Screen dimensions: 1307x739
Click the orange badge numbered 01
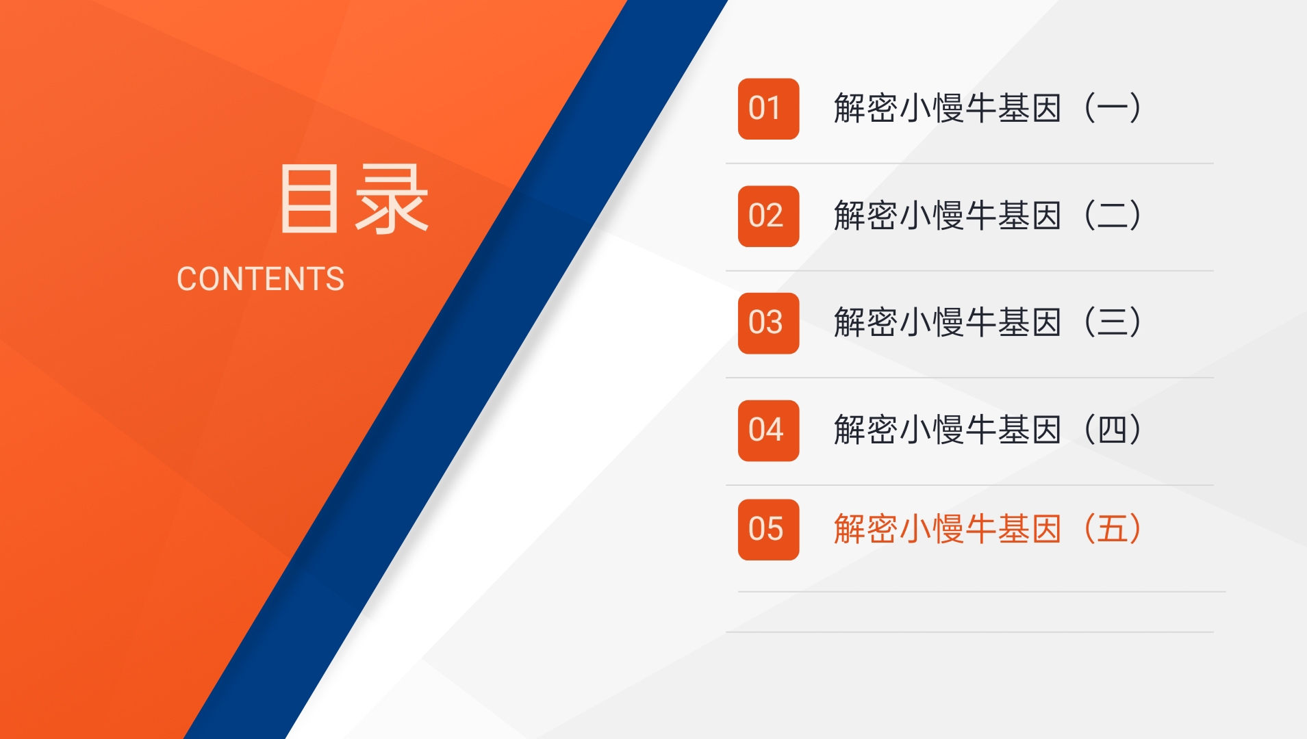click(768, 109)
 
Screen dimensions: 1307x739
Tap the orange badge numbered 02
click(768, 216)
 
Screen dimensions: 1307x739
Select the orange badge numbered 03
click(768, 323)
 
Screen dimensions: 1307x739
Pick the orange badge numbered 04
click(768, 430)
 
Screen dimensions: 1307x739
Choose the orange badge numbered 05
click(768, 530)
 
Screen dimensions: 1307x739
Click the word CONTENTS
click(261, 279)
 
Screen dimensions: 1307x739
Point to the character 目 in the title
click(309, 198)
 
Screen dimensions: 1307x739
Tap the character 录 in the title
click(392, 198)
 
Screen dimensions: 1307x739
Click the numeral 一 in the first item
click(1113, 109)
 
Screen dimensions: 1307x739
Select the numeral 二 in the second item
click(1113, 216)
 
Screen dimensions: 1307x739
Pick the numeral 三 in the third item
click(1113, 323)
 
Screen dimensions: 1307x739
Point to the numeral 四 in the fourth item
click(1113, 430)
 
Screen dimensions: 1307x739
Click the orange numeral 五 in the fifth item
click(1113, 530)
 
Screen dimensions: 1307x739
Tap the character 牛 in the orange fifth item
click(981, 530)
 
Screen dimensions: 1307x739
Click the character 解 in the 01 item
click(850, 109)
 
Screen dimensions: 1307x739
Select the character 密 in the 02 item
click(883, 216)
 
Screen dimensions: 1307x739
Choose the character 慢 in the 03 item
click(948, 323)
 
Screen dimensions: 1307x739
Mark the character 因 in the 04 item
click(1047, 430)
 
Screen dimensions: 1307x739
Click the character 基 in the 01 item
click(1014, 109)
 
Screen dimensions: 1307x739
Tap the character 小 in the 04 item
click(915, 430)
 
